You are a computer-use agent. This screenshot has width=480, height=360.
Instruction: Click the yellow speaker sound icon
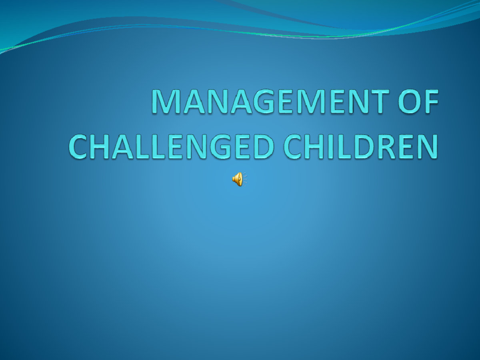238,179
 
